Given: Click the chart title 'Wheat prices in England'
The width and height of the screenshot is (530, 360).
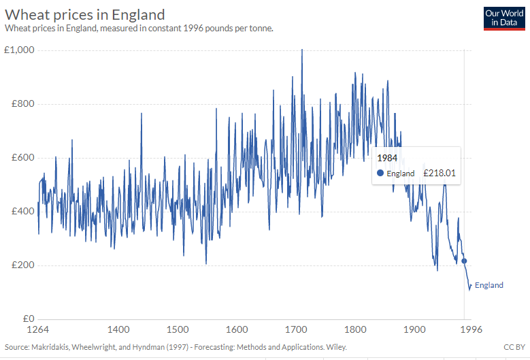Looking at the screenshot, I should coord(84,14).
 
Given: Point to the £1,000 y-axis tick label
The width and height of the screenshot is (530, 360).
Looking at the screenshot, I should coord(20,50).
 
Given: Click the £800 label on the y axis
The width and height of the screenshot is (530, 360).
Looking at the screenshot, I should coord(24,104).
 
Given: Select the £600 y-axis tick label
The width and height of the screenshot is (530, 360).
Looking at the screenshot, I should coord(24,158).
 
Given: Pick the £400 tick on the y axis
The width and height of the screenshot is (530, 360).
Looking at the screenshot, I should coord(24,212).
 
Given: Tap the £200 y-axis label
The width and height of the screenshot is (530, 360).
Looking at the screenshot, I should coord(24,265).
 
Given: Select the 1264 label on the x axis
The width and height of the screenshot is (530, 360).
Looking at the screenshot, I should coord(39,330).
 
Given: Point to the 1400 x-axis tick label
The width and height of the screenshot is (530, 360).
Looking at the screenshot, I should coord(119,330).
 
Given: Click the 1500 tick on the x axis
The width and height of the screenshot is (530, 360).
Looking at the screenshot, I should coord(178,330).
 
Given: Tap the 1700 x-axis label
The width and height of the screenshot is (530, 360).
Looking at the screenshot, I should coord(296,330).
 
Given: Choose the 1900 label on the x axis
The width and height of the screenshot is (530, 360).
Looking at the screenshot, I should coord(414,330).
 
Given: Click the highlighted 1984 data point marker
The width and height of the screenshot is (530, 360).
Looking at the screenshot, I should coord(464,261).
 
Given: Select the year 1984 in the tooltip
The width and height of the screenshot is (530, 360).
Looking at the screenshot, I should coord(387,158).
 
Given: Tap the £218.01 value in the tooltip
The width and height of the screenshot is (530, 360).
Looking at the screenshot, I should coord(439,174).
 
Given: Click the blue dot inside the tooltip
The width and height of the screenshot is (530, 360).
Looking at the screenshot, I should coord(380,174).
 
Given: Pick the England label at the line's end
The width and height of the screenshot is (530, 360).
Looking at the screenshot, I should coord(488,285).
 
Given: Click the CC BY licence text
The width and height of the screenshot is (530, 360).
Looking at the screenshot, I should coord(514,347).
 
